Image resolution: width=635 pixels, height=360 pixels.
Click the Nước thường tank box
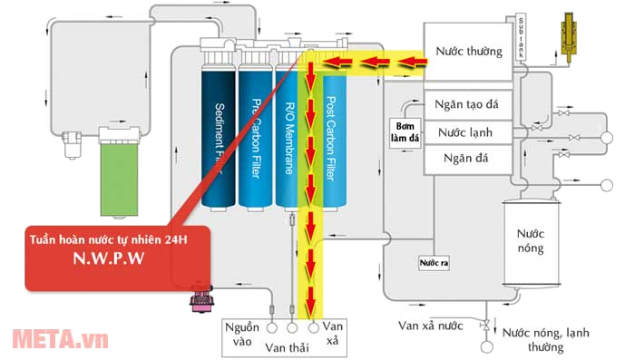click(x=468, y=52)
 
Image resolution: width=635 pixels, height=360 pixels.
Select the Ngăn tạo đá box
click(x=468, y=102)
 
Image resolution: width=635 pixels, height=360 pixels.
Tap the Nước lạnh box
click(x=468, y=132)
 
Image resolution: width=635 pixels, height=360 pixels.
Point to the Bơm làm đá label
click(x=405, y=131)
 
